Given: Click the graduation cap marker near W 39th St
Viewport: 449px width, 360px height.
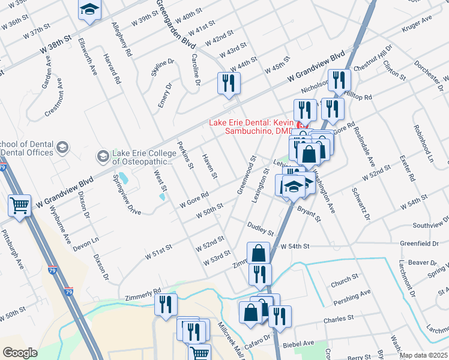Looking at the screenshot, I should tap(90, 10).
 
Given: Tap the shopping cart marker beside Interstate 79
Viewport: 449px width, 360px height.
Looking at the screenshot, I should tap(20, 206).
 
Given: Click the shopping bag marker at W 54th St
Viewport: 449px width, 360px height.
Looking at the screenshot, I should tap(259, 253).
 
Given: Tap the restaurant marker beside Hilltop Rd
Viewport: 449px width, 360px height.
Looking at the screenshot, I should tap(340, 81).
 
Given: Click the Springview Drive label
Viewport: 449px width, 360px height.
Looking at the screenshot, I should tap(127, 194).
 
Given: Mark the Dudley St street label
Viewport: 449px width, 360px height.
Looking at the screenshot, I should tap(261, 228).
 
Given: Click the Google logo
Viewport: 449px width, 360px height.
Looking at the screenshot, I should tap(20, 352).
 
